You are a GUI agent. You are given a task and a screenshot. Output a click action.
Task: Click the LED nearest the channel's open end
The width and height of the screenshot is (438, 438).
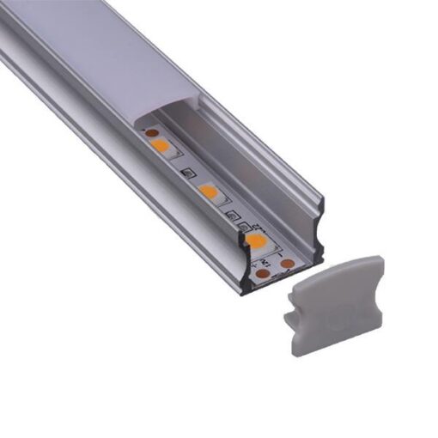255,240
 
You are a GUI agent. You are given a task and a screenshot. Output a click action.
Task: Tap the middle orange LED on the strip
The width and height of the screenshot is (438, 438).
208,191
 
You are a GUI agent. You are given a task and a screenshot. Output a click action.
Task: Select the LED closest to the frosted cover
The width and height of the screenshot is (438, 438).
161,145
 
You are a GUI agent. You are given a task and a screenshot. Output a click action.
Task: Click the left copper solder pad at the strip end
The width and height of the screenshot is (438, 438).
261,273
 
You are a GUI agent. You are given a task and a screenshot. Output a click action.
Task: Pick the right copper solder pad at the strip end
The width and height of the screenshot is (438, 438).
288,263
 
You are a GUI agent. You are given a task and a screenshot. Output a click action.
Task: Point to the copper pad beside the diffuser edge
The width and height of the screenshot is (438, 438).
151,133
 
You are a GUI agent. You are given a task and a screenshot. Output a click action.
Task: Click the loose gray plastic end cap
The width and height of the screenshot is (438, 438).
335,301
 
